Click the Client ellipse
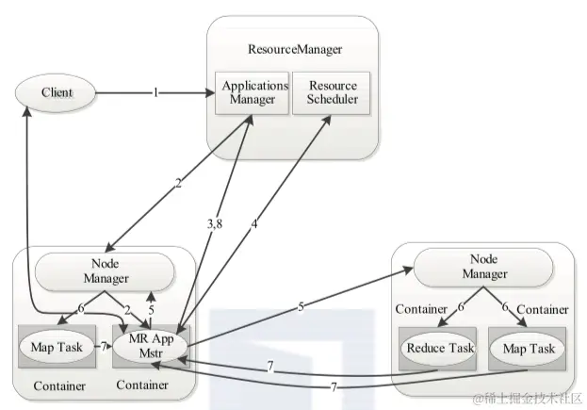(56, 93)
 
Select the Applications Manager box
(252, 93)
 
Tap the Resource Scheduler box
(332, 93)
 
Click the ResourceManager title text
(295, 49)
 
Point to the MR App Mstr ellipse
(150, 346)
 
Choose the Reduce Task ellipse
(438, 349)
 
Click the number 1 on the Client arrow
(155, 92)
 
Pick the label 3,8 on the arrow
(215, 224)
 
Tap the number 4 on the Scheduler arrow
(254, 224)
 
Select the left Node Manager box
(105, 271)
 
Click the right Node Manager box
(483, 267)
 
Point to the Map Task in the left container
(57, 347)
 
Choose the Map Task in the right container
(529, 349)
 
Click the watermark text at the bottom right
(528, 399)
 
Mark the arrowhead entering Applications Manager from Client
(211, 93)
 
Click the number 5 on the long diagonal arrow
(301, 307)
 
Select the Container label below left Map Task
(59, 386)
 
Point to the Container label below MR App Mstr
(142, 385)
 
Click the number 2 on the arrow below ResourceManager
(178, 184)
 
